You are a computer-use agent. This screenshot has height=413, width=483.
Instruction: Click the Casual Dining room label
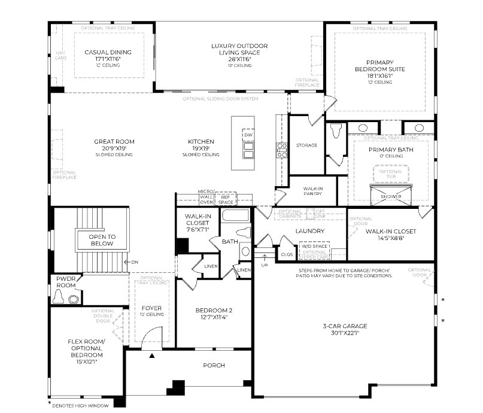(108, 53)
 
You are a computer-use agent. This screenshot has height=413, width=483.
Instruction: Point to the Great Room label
(114, 142)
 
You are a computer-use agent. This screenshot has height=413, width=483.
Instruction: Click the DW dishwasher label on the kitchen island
(248, 135)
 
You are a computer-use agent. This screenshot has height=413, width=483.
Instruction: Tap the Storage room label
(306, 145)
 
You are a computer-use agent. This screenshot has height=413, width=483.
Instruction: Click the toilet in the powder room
(75, 299)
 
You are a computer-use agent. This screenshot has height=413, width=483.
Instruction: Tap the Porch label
(214, 365)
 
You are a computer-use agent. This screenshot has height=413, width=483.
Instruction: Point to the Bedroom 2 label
(213, 311)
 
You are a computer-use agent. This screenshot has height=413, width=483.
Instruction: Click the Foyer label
(152, 308)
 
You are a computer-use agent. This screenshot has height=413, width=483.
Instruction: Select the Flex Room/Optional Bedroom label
(86, 346)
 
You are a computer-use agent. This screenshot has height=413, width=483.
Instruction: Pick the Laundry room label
(310, 231)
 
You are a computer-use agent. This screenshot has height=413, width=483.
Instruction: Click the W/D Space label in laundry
(314, 245)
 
